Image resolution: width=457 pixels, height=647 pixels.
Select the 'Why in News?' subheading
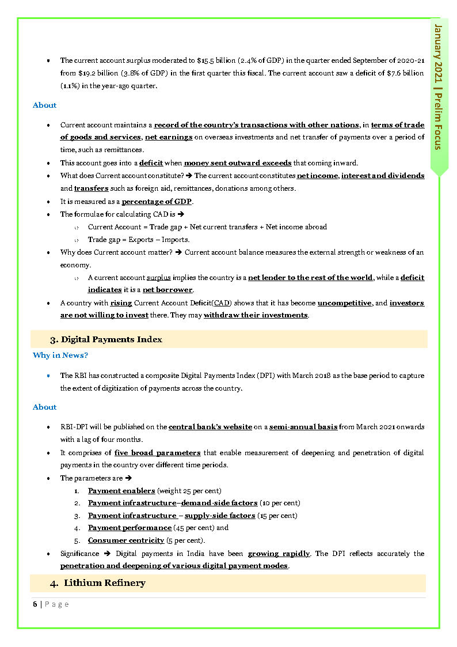point(60,355)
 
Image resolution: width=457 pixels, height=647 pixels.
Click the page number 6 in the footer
point(35,604)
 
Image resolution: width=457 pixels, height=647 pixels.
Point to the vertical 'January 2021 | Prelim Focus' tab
point(439,86)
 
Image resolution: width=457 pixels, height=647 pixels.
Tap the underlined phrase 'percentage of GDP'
point(157,202)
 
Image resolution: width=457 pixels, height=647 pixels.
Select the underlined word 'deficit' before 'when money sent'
point(151,163)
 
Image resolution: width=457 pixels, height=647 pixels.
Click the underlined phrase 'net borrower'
point(168,290)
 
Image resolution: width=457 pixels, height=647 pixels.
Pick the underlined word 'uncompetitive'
point(344,303)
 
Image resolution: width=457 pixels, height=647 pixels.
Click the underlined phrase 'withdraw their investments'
point(256,315)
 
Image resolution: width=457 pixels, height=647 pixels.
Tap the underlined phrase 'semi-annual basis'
point(303,427)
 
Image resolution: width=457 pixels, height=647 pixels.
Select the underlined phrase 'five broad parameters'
point(157,453)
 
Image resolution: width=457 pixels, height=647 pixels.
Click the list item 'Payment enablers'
point(121,491)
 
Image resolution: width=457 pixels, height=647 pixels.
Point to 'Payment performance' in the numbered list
point(130,528)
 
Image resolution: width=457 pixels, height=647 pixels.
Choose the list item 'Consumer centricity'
point(126,540)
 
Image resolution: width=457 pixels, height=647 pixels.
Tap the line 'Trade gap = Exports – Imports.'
point(139,240)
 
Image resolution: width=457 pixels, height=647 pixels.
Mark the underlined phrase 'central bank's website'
point(210,427)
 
